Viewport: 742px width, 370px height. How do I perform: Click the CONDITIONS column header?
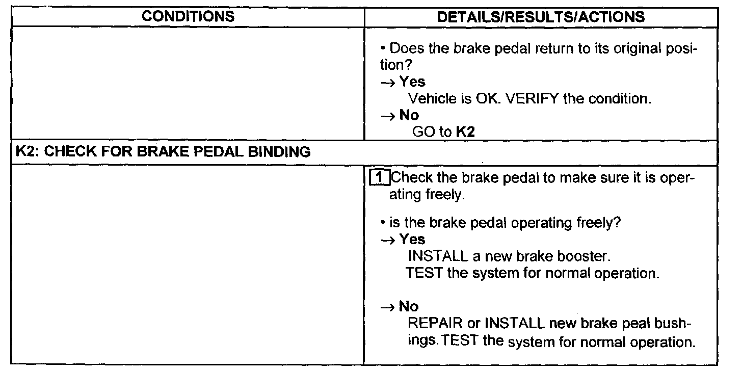pos(188,16)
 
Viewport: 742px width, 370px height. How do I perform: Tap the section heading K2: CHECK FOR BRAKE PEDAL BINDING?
pos(161,152)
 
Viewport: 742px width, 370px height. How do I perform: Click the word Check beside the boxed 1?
pos(413,178)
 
